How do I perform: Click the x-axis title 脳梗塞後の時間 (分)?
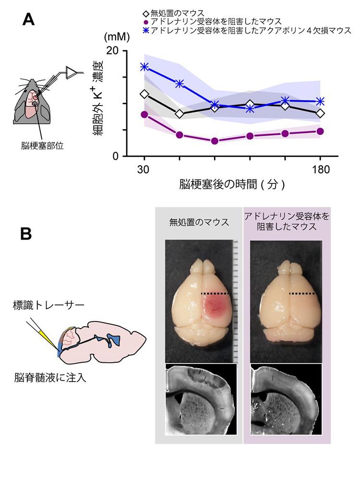pyautogui.click(x=232, y=184)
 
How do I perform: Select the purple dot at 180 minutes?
pyautogui.click(x=320, y=131)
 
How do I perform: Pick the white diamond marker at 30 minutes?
pyautogui.click(x=144, y=94)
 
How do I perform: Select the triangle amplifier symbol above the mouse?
pyautogui.click(x=71, y=72)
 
